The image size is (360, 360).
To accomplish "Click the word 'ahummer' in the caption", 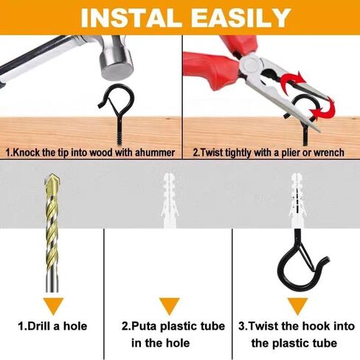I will point(153,152).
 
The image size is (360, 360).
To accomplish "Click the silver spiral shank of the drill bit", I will point(55,243).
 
